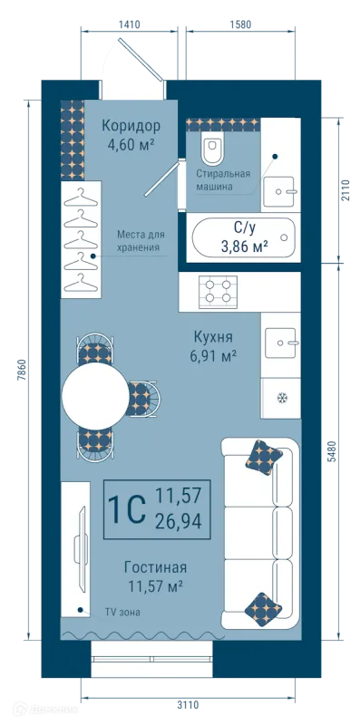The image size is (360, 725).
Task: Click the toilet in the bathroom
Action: pyautogui.click(x=212, y=150)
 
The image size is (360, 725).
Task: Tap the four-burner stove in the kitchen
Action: pyautogui.click(x=218, y=292)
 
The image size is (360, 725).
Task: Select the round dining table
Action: pyautogui.click(x=95, y=396)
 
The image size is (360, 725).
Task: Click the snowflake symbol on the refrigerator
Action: pyautogui.click(x=281, y=398)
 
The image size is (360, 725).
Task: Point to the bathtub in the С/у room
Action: pyautogui.click(x=243, y=238)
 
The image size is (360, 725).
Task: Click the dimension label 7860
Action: pyautogui.click(x=20, y=371)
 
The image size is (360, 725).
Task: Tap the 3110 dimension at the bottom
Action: pyautogui.click(x=188, y=705)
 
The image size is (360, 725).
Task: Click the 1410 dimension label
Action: pyautogui.click(x=129, y=24)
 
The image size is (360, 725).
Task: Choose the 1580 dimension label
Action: pyautogui.click(x=240, y=24)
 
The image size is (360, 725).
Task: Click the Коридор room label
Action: pyautogui.click(x=131, y=126)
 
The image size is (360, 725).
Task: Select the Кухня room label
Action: pyautogui.click(x=213, y=336)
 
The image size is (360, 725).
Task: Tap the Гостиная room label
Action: pyautogui.click(x=155, y=567)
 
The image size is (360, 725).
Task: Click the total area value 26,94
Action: pyautogui.click(x=179, y=522)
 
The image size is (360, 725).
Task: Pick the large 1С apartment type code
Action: pyautogui.click(x=126, y=509)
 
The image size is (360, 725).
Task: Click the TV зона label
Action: pyautogui.click(x=122, y=613)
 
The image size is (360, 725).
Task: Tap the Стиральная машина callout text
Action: pyautogui.click(x=223, y=180)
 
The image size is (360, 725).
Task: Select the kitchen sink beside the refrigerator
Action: pyautogui.click(x=280, y=343)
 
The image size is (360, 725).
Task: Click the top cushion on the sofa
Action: pyautogui.click(x=264, y=458)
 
